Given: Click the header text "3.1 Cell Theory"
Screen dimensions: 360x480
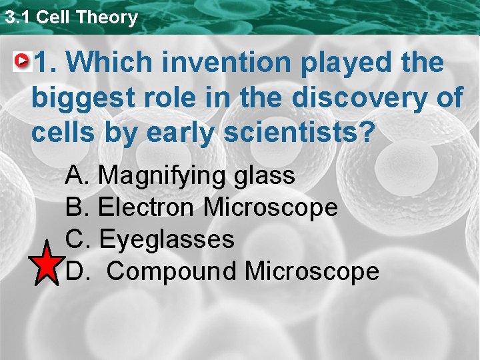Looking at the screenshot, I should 71,17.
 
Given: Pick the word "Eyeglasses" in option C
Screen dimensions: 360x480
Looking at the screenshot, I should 166,239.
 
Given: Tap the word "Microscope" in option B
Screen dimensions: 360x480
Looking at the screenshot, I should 270,207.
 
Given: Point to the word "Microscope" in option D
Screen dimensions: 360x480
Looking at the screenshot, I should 311,271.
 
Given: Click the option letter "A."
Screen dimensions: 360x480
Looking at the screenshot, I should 79,176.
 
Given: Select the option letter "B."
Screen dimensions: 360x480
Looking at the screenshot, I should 79,207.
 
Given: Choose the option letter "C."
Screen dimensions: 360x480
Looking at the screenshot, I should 79,239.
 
